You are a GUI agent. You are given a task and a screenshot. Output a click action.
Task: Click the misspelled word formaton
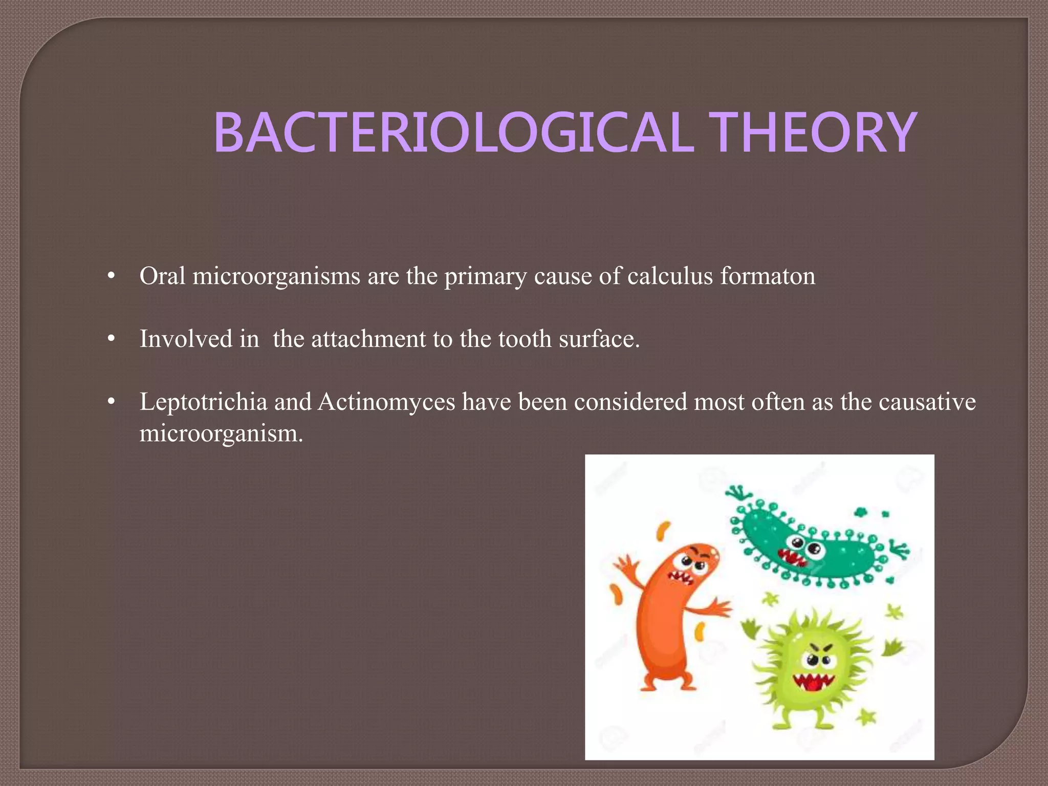[768, 276]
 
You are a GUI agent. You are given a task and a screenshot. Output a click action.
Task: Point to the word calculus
[670, 277]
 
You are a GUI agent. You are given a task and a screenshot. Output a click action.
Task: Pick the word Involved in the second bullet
[186, 339]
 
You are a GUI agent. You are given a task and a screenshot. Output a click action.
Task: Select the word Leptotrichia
[203, 402]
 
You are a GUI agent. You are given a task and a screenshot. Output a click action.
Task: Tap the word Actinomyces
[386, 402]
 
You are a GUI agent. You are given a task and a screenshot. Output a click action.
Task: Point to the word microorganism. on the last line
[221, 433]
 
